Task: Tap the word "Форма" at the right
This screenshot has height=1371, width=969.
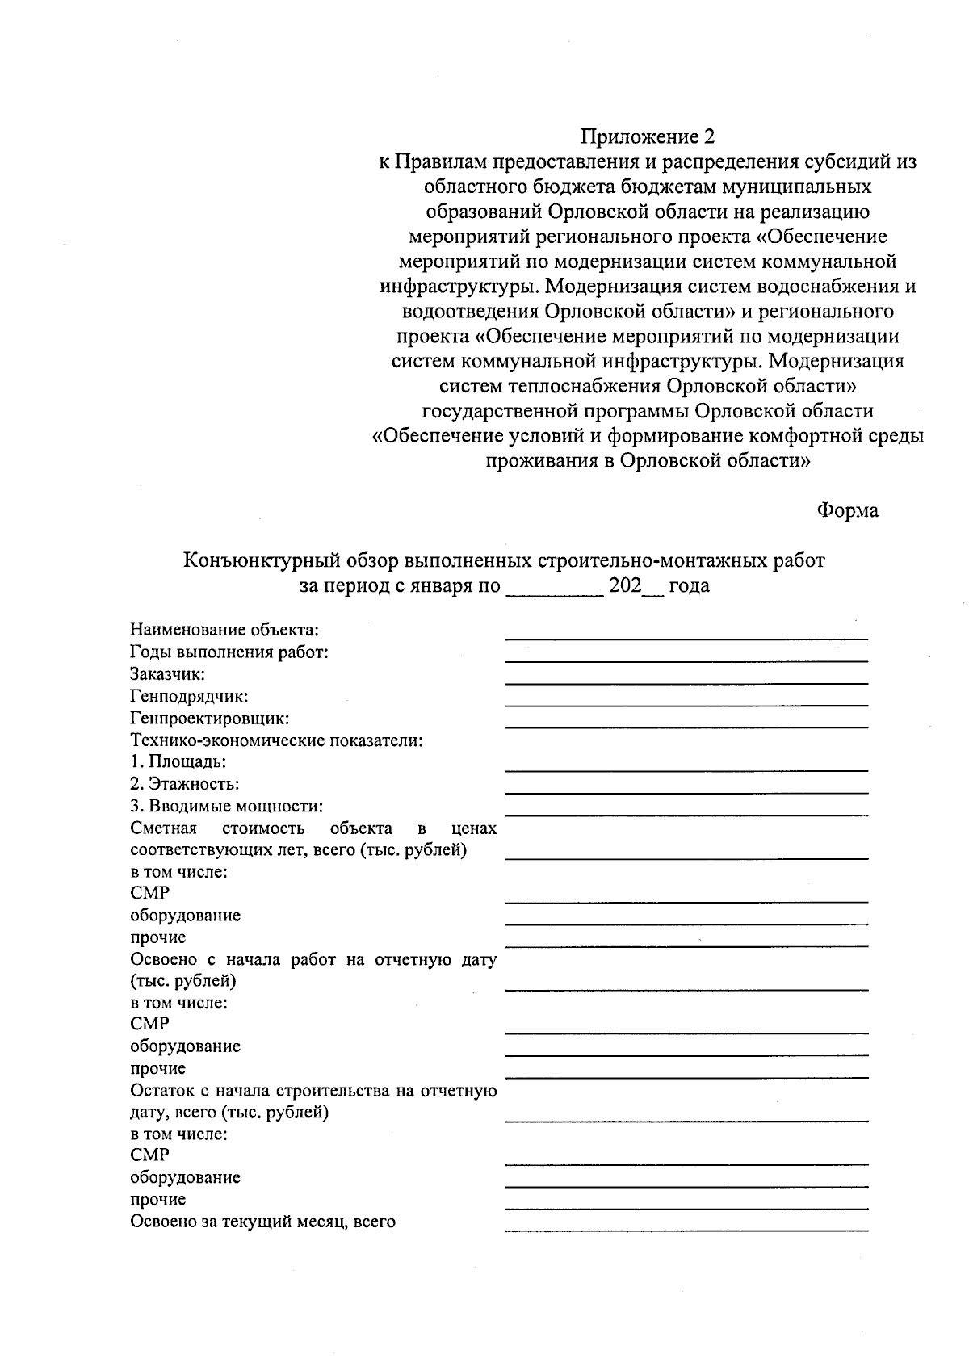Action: (x=847, y=511)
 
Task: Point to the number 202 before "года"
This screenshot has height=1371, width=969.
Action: (x=625, y=586)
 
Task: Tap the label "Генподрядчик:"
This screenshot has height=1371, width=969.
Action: (x=189, y=696)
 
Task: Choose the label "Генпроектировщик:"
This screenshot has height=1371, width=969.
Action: (x=210, y=718)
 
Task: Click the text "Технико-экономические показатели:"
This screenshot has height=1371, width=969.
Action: (x=277, y=740)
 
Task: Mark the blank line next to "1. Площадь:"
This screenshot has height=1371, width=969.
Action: (x=686, y=769)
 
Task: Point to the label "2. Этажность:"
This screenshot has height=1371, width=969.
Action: (x=185, y=784)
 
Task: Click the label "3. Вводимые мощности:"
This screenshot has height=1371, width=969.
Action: (x=227, y=806)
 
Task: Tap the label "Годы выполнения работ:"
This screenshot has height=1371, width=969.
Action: (x=229, y=652)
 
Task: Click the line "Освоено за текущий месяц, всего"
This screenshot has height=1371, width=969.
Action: (x=263, y=1222)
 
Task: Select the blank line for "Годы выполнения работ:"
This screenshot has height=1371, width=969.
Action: (x=686, y=660)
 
